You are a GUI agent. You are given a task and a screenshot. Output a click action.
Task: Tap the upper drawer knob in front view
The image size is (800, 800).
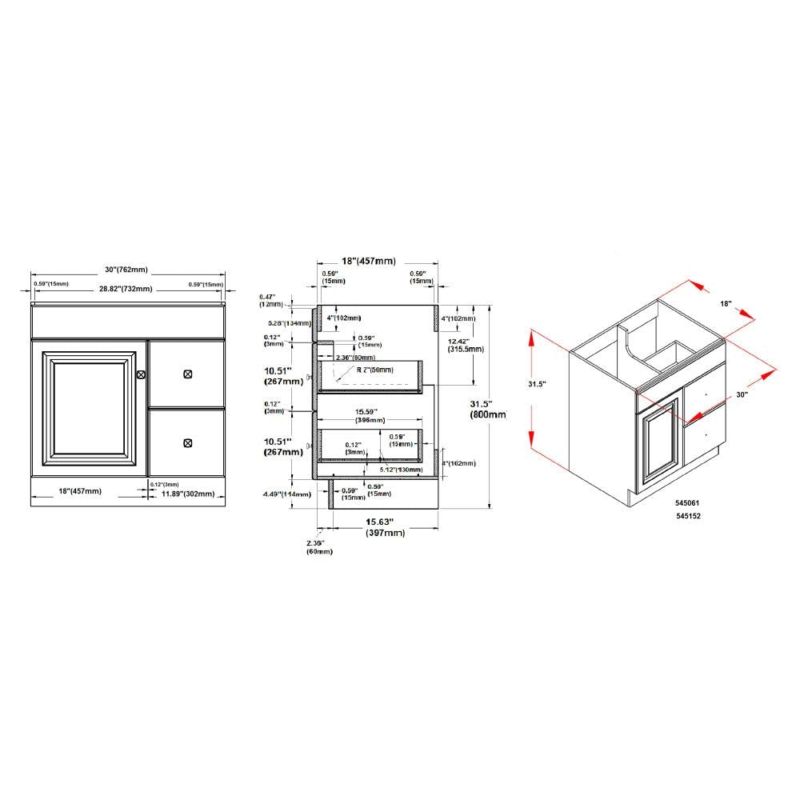pyautogui.click(x=188, y=374)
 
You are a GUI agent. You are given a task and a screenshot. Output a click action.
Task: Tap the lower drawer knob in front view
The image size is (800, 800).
pyautogui.click(x=188, y=443)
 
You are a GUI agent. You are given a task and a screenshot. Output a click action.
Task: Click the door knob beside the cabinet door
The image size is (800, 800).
pyautogui.click(x=142, y=374)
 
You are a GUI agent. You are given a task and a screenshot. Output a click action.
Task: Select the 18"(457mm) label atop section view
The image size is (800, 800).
pyautogui.click(x=368, y=261)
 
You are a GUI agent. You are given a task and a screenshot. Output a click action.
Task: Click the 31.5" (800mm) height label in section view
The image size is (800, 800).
pyautogui.click(x=489, y=409)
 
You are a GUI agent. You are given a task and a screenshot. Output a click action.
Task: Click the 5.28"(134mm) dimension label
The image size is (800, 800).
pyautogui.click(x=287, y=323)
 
